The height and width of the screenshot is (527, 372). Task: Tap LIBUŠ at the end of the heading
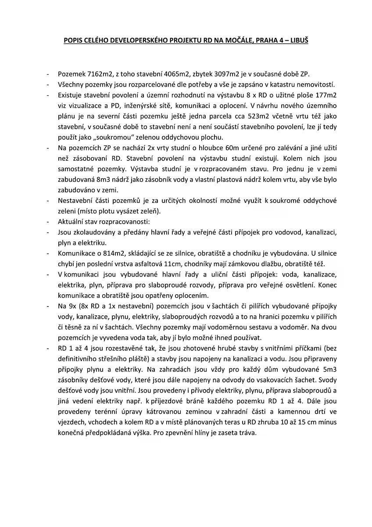[298, 40]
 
